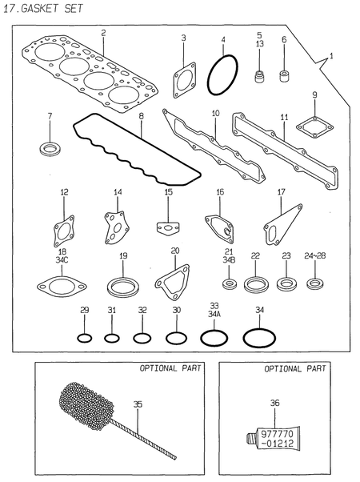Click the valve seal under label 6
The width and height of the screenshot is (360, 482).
tap(284, 78)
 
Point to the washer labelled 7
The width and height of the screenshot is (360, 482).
tap(50, 148)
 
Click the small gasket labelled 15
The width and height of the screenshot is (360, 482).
tap(169, 229)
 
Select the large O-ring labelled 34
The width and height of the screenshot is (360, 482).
tap(258, 337)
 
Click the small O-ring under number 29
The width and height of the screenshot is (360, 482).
tap(84, 337)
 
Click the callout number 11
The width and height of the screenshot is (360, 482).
tap(283, 117)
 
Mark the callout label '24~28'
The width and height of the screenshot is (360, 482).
tap(315, 255)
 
